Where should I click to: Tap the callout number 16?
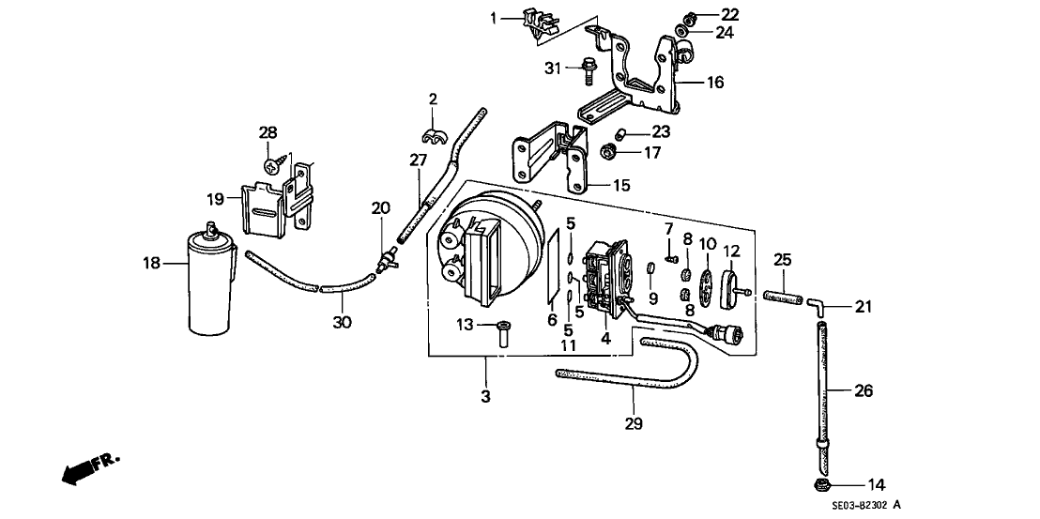click(x=715, y=84)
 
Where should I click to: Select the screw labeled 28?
click(x=273, y=163)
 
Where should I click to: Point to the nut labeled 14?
click(x=822, y=485)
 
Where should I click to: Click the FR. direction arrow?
click(x=90, y=466)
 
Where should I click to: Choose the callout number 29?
click(x=634, y=424)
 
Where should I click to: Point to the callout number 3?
click(x=485, y=396)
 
